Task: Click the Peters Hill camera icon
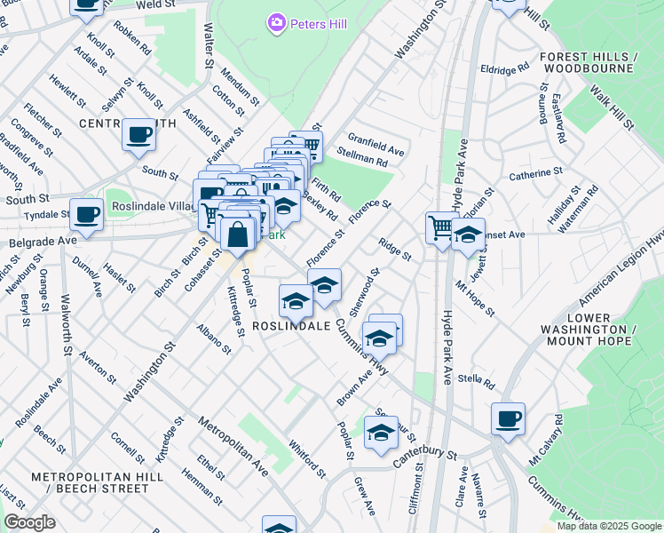click(276, 21)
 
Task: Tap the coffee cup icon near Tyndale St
click(87, 216)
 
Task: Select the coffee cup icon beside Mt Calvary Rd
click(508, 418)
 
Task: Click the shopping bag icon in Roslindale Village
click(238, 235)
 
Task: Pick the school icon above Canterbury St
click(381, 433)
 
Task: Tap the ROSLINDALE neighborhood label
click(291, 326)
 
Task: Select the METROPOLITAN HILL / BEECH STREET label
click(90, 482)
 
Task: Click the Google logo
click(29, 522)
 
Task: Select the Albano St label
click(215, 338)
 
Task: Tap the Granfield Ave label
click(375, 145)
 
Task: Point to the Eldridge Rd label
click(504, 68)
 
